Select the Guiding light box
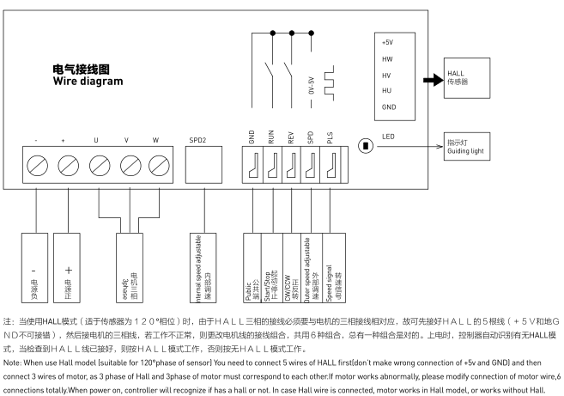(x=469, y=146)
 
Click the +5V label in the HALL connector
(x=389, y=43)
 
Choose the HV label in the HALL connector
(x=387, y=75)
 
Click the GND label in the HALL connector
(x=389, y=107)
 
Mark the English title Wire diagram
(x=88, y=81)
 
